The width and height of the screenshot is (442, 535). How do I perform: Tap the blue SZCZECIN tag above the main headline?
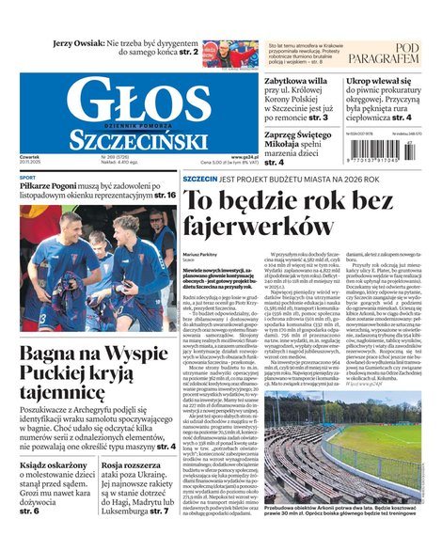[x=200, y=179]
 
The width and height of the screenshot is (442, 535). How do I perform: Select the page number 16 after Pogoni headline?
[x=165, y=195]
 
